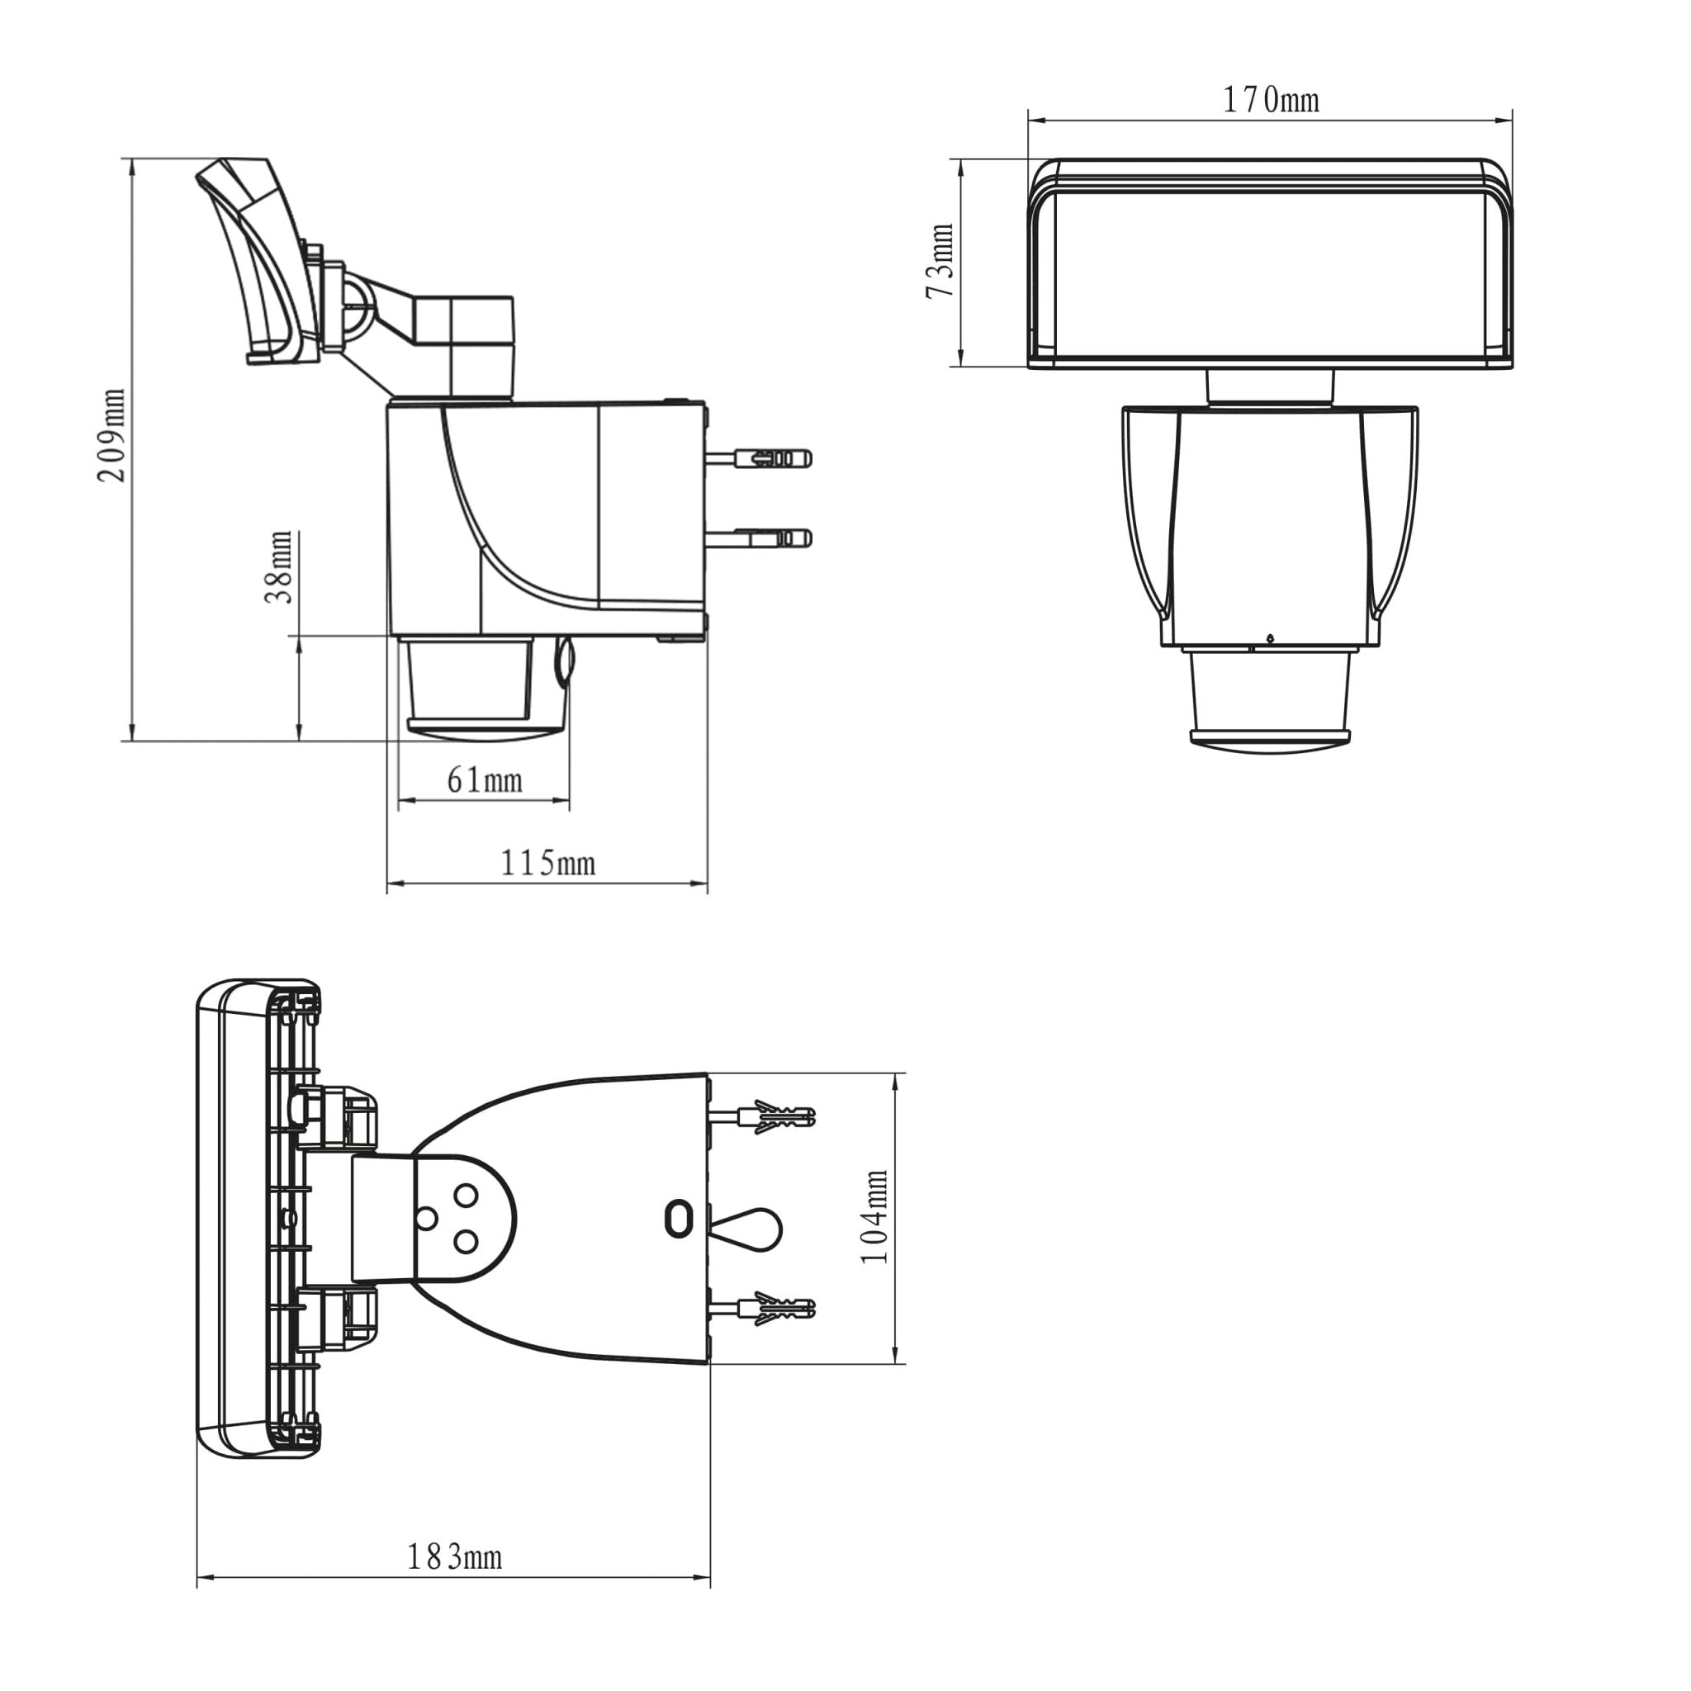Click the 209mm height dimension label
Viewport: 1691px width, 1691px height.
[x=111, y=435]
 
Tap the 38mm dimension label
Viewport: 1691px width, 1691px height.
[x=279, y=566]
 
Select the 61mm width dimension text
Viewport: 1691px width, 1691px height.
[x=484, y=779]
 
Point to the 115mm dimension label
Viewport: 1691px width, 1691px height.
[x=548, y=864]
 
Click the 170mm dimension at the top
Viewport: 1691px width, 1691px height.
[x=1270, y=101]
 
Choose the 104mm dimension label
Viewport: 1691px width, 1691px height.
[x=874, y=1216]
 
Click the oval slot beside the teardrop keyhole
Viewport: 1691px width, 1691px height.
[x=679, y=1220]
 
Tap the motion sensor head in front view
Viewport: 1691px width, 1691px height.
[x=1270, y=700]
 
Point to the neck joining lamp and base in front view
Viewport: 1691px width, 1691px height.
[x=1270, y=386]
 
